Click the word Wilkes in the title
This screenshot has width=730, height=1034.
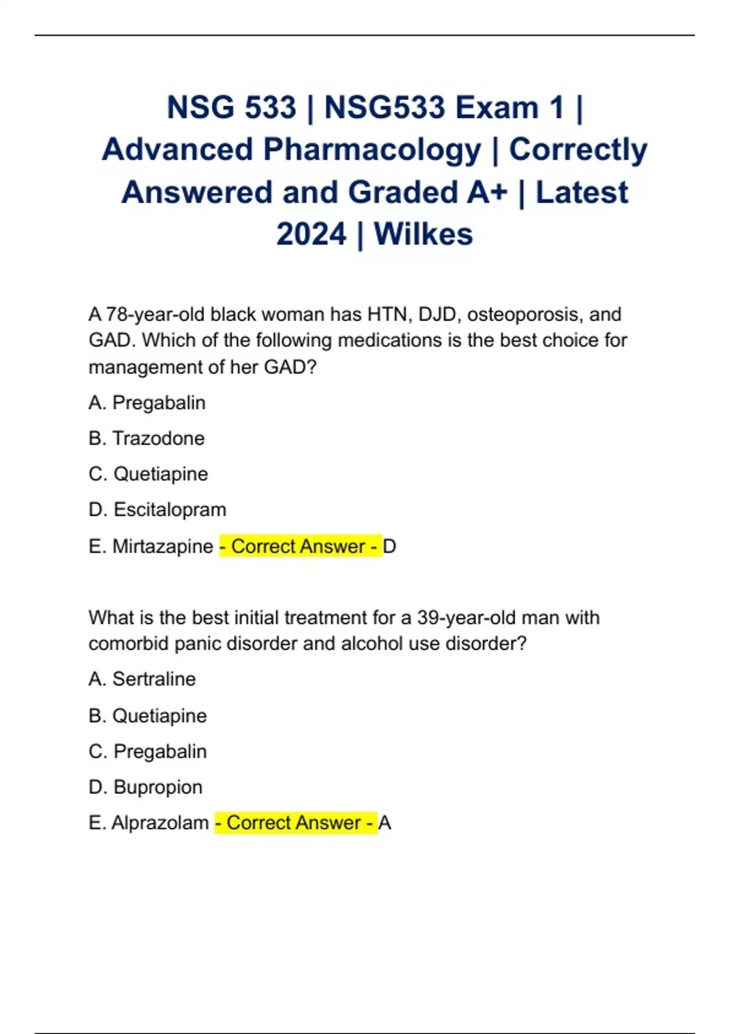click(x=423, y=234)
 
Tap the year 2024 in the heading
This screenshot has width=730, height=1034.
click(x=311, y=234)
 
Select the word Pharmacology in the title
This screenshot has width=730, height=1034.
click(x=372, y=150)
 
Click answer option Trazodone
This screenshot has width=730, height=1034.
click(x=158, y=439)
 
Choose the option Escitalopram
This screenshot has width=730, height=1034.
click(x=170, y=510)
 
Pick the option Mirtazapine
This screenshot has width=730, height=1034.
click(x=162, y=546)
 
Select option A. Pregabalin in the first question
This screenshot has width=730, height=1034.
click(x=159, y=403)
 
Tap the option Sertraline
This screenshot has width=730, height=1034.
click(x=154, y=679)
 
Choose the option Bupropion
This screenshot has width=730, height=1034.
click(x=158, y=787)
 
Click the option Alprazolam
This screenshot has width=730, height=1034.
click(x=160, y=823)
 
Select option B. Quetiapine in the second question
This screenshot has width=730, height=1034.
click(x=159, y=716)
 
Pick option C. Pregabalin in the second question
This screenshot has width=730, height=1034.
click(x=160, y=752)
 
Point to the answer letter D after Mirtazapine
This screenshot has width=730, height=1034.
click(x=390, y=546)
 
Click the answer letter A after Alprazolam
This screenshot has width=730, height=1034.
click(x=384, y=823)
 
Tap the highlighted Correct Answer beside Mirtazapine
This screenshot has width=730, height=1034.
click(x=300, y=546)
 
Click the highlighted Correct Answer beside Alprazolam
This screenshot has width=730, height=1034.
click(x=296, y=823)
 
